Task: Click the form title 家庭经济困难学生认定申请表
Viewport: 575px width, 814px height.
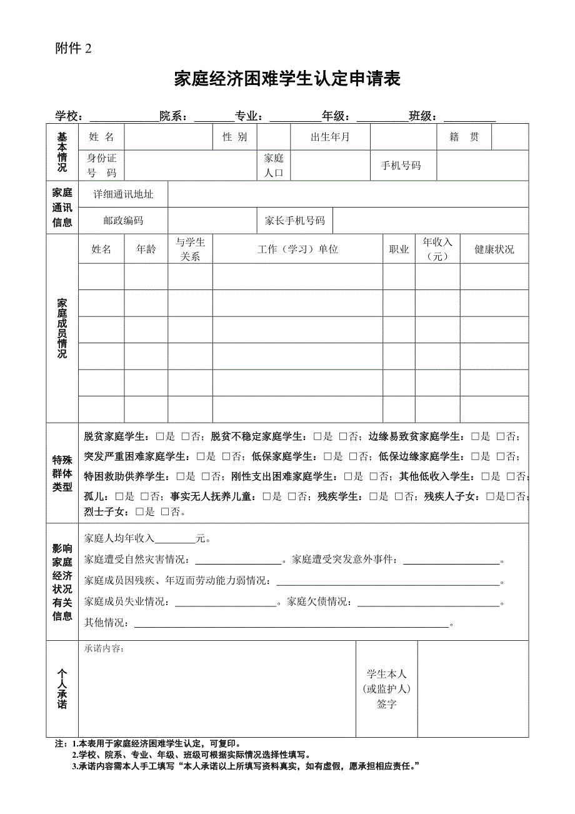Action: point(287,79)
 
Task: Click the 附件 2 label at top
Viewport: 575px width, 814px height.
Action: point(73,49)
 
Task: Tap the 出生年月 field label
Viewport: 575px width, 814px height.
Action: point(330,137)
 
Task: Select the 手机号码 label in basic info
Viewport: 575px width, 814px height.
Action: point(401,166)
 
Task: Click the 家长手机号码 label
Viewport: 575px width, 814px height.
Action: point(294,221)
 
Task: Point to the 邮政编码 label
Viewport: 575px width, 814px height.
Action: point(123,221)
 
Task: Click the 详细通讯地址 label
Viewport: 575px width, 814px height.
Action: point(123,194)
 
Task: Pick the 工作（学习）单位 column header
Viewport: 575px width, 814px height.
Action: point(297,249)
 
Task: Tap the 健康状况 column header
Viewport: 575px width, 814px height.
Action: point(494,249)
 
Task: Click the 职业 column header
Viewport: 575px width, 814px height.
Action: point(399,249)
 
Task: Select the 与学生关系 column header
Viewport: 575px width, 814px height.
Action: point(190,249)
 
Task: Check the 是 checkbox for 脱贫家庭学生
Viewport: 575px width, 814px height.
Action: point(160,436)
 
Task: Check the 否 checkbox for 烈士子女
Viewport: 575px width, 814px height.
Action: point(165,512)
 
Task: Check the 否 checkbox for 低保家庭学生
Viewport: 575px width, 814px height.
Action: point(353,456)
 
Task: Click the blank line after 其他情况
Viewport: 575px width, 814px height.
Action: point(291,624)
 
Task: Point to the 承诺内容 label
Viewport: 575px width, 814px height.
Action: point(104,648)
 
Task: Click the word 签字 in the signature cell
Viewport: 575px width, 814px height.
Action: point(386,704)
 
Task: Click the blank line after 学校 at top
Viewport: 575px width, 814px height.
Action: point(123,117)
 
